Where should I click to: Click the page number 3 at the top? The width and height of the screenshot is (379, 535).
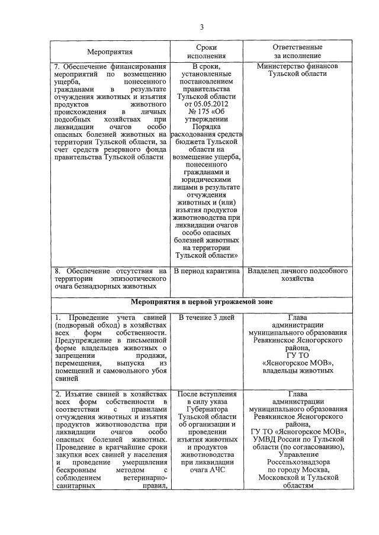(x=201, y=27)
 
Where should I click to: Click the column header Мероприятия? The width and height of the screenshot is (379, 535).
(x=110, y=52)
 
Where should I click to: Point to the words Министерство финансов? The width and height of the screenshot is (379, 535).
(x=297, y=66)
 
